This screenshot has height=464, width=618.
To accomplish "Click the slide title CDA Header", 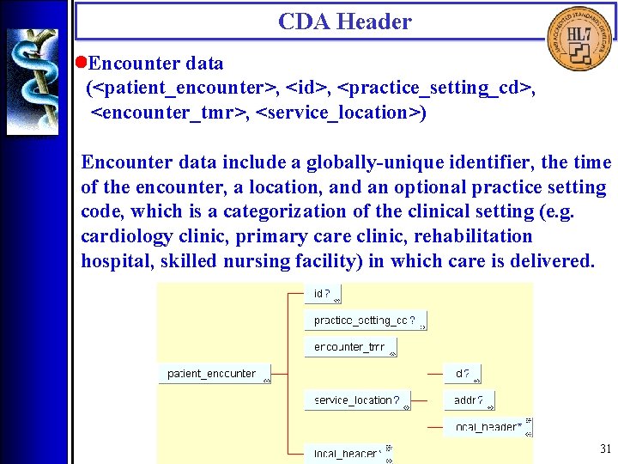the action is (x=344, y=21).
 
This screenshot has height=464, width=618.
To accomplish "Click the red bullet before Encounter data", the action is (x=81, y=63).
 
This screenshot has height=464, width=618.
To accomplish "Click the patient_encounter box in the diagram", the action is (x=214, y=374).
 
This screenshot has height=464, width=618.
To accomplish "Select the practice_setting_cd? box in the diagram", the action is (x=365, y=321).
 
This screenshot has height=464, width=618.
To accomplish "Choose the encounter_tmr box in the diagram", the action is (x=350, y=347).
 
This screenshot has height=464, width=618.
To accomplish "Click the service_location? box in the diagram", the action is (x=357, y=400).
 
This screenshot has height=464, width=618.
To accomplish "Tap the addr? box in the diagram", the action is (x=470, y=400).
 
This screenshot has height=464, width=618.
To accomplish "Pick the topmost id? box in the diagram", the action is (x=323, y=294).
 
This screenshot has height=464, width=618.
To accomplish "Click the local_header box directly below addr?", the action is (x=488, y=426).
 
